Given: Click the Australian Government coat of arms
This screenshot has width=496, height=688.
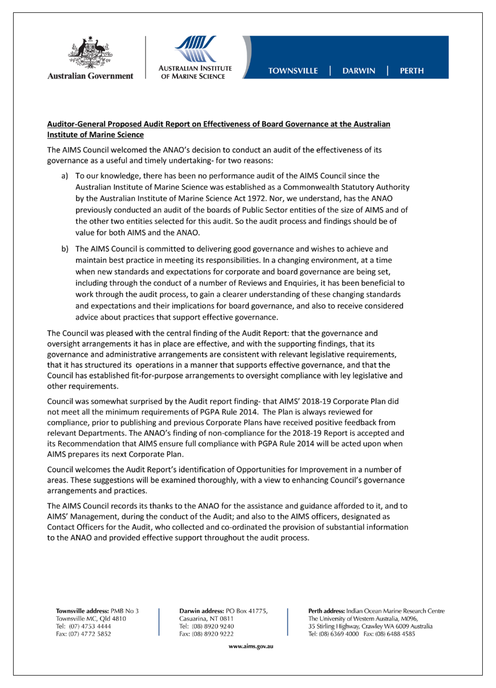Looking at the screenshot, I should (90, 53).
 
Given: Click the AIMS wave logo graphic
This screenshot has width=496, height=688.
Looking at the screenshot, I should (195, 49).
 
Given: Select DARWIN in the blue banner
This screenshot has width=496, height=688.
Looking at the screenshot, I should (359, 71).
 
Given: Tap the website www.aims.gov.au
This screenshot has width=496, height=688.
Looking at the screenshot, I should (251, 646).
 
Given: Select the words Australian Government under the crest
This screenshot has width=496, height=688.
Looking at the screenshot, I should (90, 76).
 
